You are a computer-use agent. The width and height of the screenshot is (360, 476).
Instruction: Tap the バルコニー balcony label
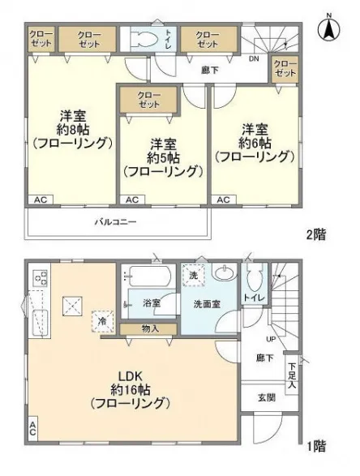point(115,222)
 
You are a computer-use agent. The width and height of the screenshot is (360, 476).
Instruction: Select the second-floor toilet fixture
point(144,40)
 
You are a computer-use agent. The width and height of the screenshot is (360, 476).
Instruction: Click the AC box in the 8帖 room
point(41,199)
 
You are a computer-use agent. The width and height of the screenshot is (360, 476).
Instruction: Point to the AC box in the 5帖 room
point(132,199)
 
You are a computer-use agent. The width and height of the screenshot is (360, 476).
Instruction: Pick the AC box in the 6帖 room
point(224,199)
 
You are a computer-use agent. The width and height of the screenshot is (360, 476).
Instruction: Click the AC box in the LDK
point(33,429)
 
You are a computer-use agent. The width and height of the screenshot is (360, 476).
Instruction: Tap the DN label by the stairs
point(254,59)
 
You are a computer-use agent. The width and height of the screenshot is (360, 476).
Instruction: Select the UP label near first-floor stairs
point(271,339)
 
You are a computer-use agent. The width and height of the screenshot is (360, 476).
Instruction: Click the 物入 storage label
point(150,328)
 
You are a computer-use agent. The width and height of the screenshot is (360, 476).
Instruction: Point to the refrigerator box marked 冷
point(103,321)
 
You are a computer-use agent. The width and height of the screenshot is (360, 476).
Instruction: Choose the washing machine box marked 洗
point(193,276)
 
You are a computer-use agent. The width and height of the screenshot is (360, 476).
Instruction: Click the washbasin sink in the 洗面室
point(225,272)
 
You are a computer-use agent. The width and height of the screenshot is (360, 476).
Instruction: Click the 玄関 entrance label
point(267,397)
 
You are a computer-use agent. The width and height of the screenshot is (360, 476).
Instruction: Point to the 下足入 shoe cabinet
point(291,375)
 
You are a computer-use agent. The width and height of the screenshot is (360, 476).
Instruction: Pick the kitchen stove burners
point(40,278)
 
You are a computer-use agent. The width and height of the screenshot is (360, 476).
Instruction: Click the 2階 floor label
point(316,234)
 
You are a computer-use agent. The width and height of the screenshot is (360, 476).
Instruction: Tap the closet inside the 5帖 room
point(148,100)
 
